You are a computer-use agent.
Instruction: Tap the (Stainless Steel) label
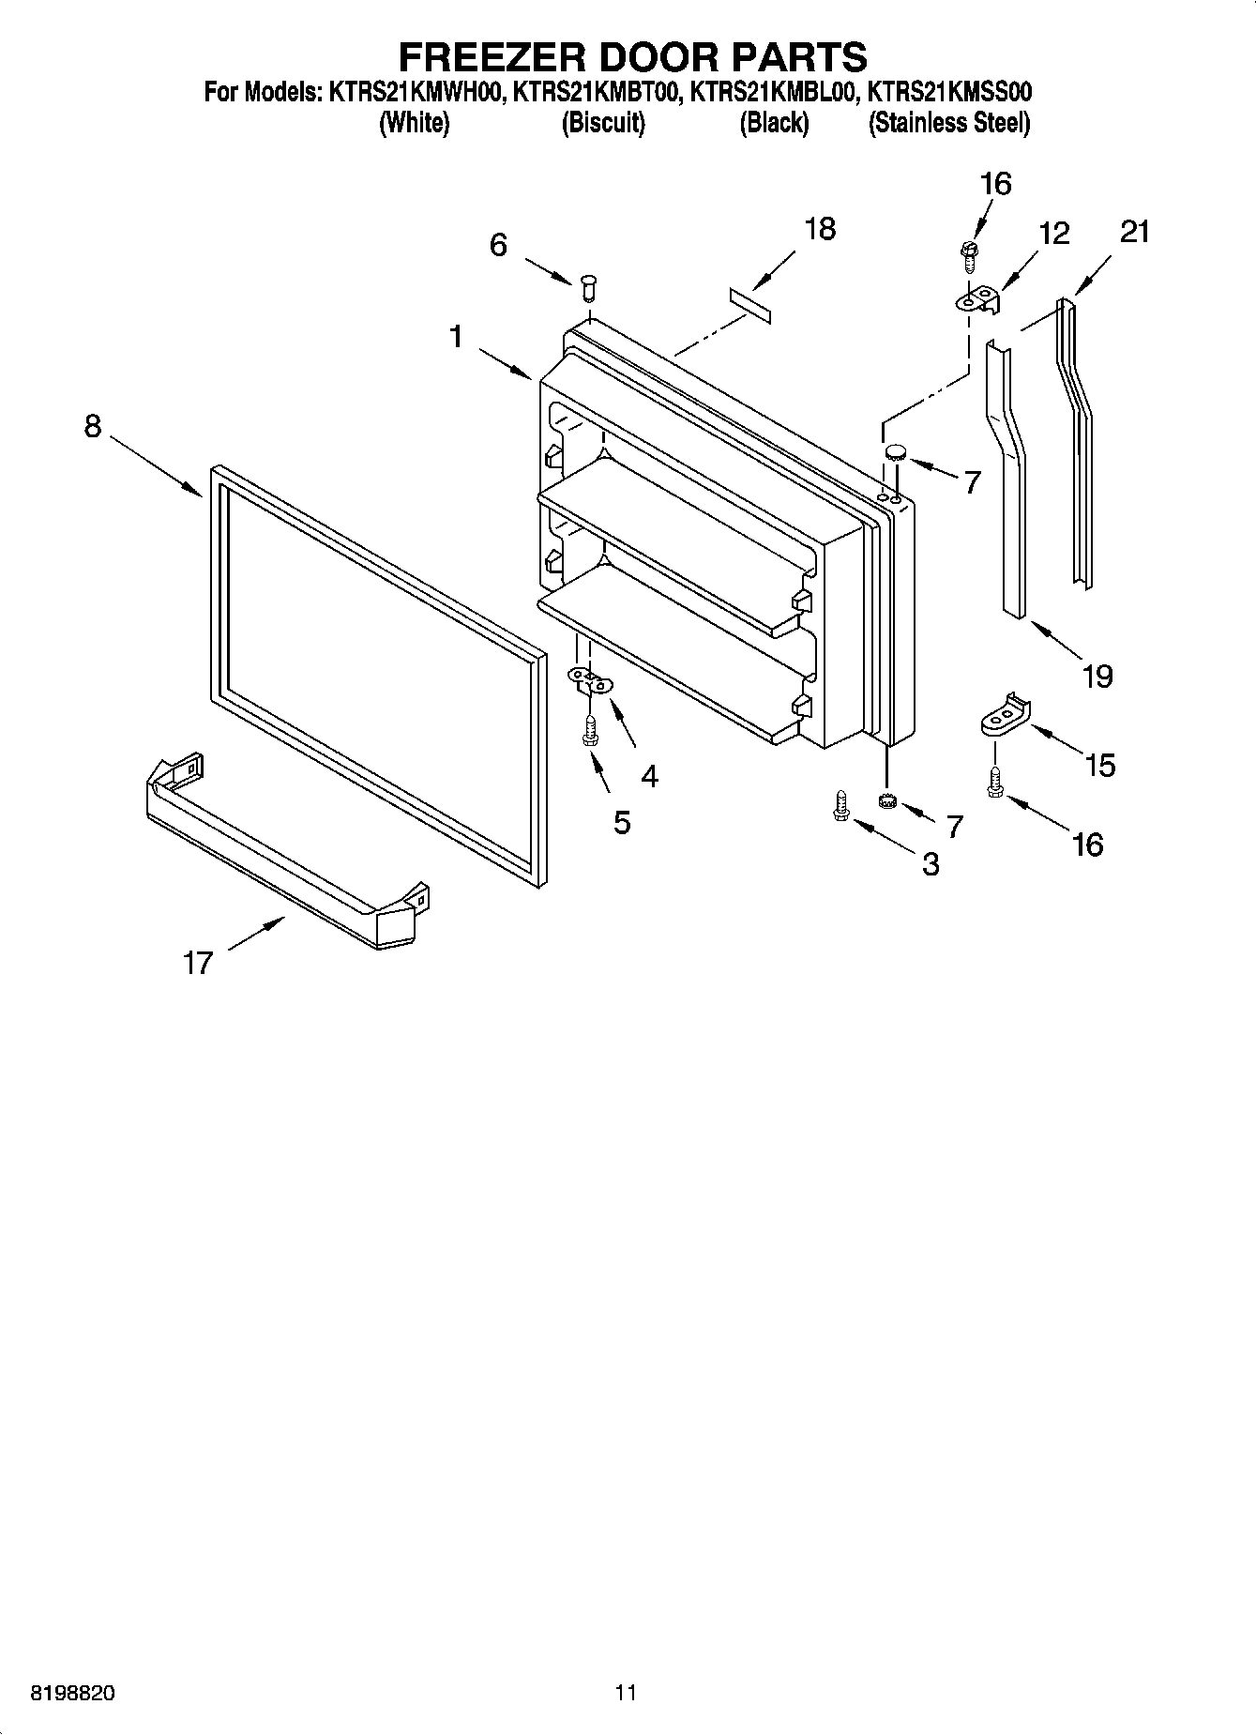(x=948, y=123)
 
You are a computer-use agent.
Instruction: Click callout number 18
(x=819, y=229)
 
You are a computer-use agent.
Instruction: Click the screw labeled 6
(x=588, y=285)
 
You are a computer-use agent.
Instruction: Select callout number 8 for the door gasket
(x=92, y=426)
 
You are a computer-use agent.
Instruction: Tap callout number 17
(x=197, y=963)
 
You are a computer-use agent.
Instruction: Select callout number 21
(x=1134, y=231)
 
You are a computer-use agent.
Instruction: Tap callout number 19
(x=1097, y=676)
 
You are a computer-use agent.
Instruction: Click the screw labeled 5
(x=590, y=730)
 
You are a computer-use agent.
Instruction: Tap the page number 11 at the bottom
(x=626, y=1693)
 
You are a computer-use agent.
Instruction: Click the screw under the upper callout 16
(x=969, y=251)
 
